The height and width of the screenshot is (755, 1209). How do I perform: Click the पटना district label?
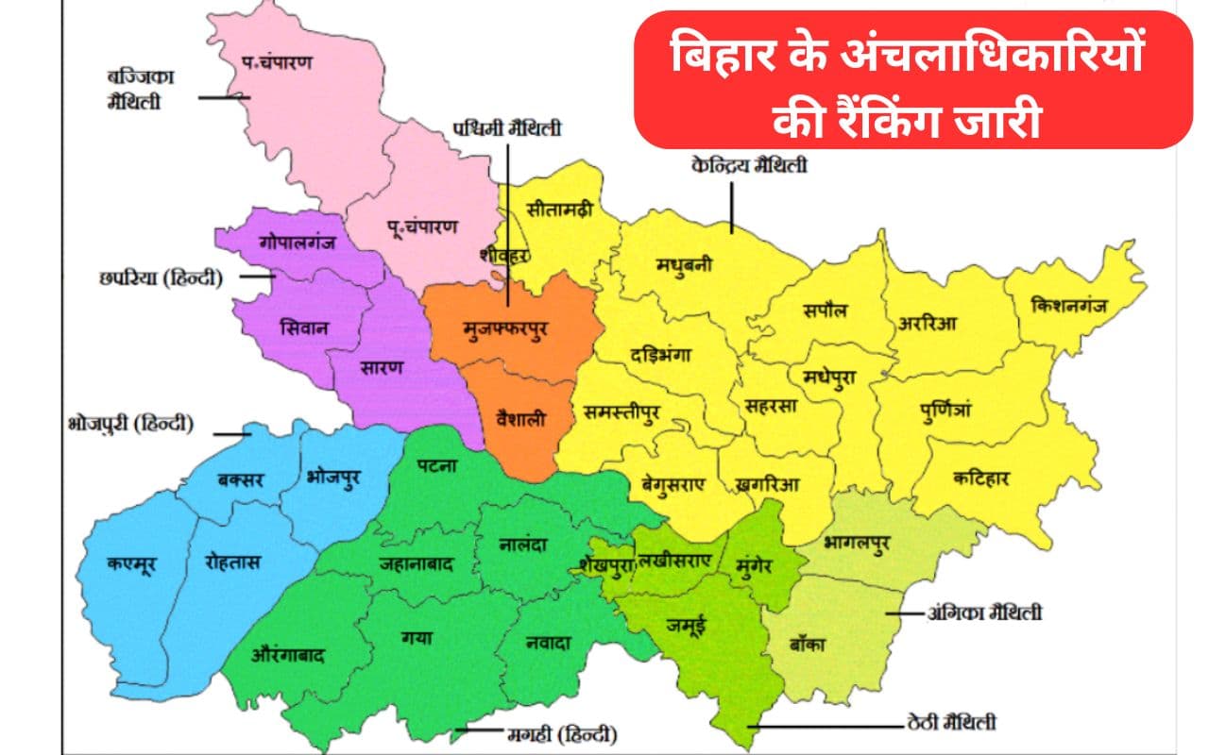pyautogui.click(x=436, y=467)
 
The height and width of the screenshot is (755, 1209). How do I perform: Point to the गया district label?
pyautogui.click(x=416, y=637)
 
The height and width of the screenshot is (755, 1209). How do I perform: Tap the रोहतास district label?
pyautogui.click(x=232, y=562)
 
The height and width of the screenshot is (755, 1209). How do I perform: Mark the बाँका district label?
pyautogui.click(x=808, y=645)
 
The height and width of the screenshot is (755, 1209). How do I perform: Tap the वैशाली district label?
pyautogui.click(x=520, y=421)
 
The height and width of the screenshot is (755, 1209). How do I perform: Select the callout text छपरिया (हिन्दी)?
pyautogui.click(x=159, y=278)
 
